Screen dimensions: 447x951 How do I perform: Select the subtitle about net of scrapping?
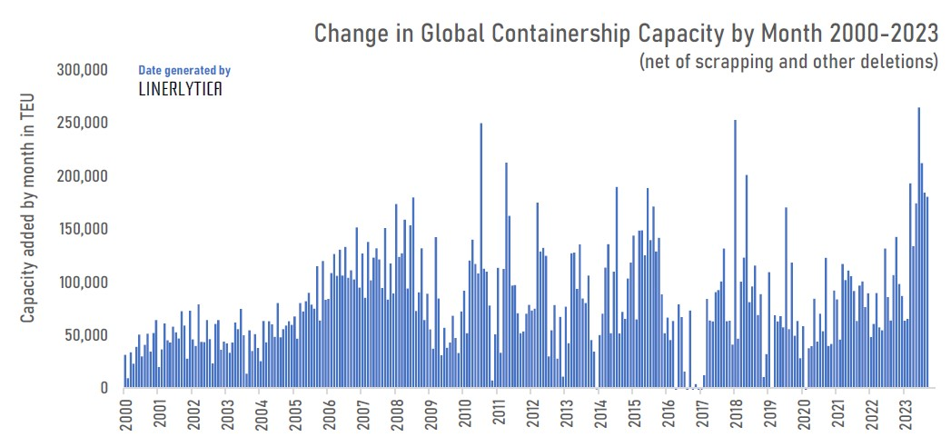coord(788,63)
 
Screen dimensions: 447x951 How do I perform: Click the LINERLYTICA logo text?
coord(180,89)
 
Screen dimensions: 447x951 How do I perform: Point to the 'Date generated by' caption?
coord(184,70)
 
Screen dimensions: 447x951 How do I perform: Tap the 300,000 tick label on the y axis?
coord(83,70)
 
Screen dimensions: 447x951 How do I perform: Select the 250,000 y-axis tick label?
coord(83,123)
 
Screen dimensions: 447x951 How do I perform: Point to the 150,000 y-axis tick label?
coord(83,229)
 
